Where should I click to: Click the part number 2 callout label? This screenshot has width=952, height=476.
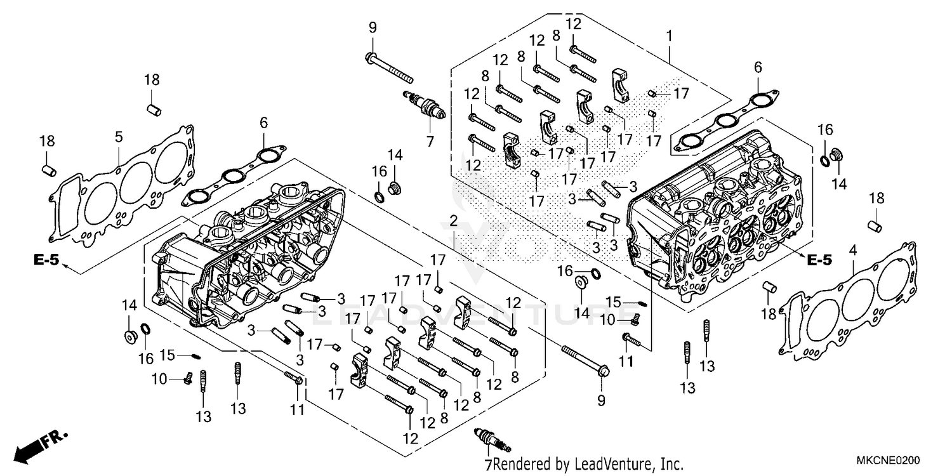point(453,221)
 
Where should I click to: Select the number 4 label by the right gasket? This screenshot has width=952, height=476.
point(854,252)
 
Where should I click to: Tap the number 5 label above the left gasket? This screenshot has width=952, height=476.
point(119,136)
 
